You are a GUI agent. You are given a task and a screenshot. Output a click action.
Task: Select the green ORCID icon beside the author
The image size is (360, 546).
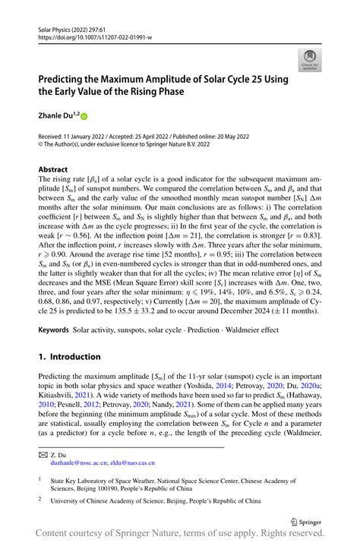tap(84, 117)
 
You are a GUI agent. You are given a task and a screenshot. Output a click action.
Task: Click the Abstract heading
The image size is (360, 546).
tap(52, 169)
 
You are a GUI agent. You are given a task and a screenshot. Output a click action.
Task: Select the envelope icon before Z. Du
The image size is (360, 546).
tap(43, 453)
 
